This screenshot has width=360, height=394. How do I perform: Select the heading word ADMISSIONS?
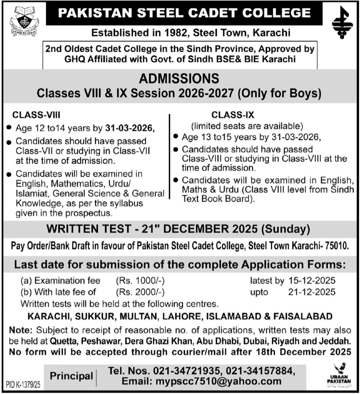coord(179,79)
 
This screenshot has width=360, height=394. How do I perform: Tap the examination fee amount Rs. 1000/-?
coord(140,281)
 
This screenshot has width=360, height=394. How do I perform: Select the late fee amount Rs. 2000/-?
coord(140,292)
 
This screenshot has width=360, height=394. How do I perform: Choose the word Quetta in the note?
coord(62,341)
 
